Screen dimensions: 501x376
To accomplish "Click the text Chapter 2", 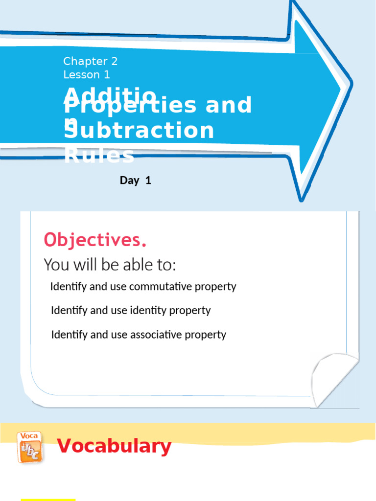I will [90, 61].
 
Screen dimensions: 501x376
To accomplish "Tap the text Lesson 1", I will [86, 75].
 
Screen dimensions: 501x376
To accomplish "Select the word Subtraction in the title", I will [140, 131].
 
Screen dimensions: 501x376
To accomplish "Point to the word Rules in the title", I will [99, 156].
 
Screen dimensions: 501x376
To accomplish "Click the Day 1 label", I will [135, 181].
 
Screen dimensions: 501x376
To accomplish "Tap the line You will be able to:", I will [110, 265].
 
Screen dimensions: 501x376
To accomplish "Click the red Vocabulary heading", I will [114, 446].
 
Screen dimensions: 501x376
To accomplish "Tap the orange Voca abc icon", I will [29, 446].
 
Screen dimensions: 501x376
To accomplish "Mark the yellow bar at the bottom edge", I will [48, 499].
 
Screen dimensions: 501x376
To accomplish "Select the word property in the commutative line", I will [215, 287].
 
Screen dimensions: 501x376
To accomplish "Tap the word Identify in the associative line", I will [69, 335].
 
